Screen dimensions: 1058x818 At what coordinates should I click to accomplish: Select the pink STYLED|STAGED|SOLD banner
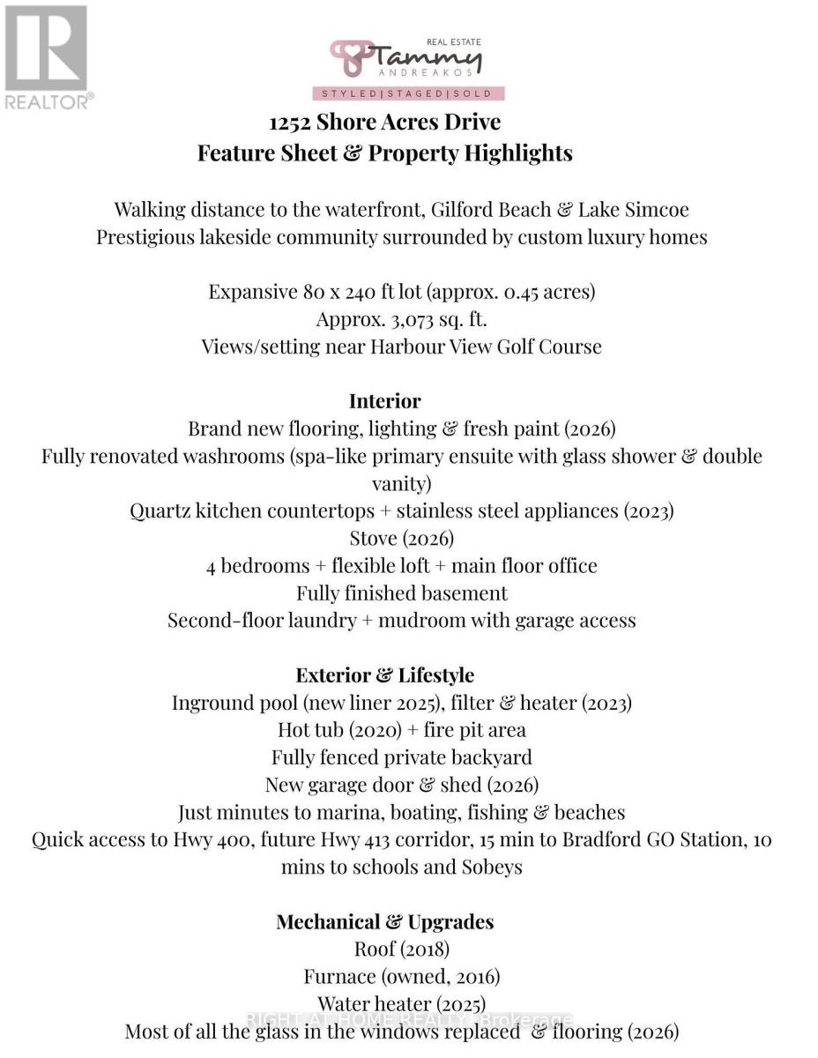[408, 93]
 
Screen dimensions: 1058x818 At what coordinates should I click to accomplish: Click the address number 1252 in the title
[291, 122]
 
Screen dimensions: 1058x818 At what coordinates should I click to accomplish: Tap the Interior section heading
[384, 401]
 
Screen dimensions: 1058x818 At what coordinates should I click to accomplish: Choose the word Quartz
[160, 511]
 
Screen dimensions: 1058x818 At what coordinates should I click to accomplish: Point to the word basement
[465, 593]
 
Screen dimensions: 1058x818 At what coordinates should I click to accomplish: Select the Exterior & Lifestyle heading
[384, 675]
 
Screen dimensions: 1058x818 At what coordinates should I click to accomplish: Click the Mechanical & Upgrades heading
[384, 922]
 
